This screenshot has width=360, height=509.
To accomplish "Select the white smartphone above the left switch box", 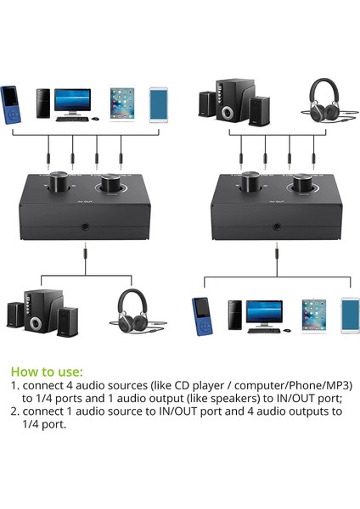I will (x=159, y=103).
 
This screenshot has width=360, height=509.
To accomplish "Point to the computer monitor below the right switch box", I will (x=264, y=312).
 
